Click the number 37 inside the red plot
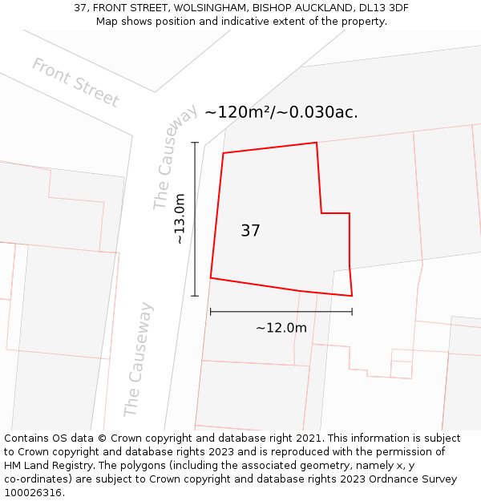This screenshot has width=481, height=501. (250, 231)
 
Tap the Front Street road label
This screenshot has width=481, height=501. (75, 83)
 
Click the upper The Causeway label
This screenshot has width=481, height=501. (175, 157)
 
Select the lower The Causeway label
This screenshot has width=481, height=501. (137, 359)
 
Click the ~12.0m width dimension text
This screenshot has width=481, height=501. (281, 328)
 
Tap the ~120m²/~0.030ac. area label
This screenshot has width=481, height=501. (281, 112)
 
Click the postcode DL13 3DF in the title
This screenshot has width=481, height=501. (379, 7)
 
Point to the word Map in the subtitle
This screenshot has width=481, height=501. (107, 21)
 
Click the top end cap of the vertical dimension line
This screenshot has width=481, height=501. (195, 143)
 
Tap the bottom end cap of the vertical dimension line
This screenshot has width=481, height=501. (195, 296)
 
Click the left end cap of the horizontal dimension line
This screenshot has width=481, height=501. (210, 312)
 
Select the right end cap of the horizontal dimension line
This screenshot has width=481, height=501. (352, 312)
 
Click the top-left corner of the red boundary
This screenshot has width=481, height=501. (223, 152)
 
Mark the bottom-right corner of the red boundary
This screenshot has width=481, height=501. (352, 296)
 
